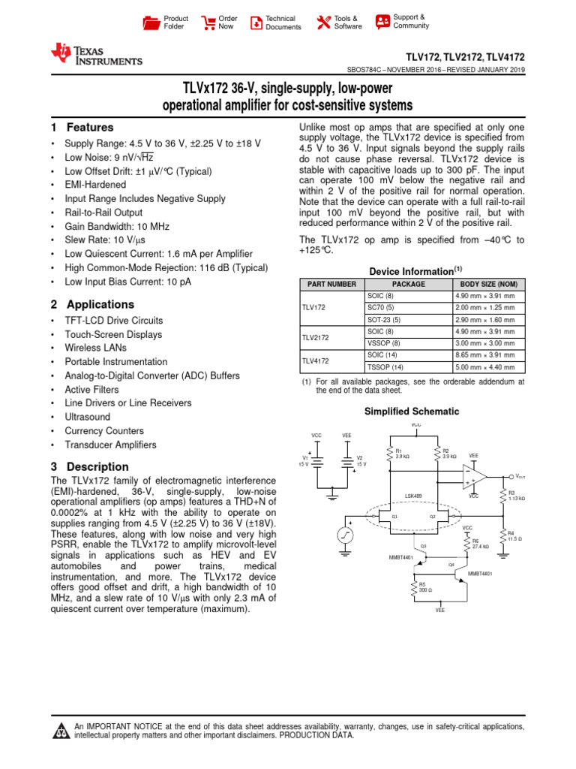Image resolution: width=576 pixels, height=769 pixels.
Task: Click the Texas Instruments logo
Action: [95, 53]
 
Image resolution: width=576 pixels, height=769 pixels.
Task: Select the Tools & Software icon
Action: [323, 23]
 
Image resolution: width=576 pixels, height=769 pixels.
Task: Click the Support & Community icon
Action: [382, 21]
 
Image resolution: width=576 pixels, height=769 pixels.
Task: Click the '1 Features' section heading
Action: [82, 128]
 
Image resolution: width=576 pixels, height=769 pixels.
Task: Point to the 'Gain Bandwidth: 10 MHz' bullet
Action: [116, 226]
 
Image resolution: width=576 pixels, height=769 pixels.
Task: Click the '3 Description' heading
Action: [89, 466]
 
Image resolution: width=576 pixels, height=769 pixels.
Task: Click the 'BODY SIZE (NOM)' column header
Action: [488, 285]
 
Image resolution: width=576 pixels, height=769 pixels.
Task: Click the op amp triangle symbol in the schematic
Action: [474, 476]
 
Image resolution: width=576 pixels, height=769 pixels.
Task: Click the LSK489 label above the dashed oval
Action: [413, 496]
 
